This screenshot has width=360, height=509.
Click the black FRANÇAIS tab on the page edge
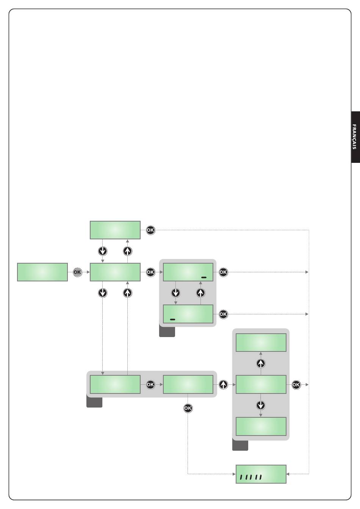pos(355,137)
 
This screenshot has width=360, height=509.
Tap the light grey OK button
pos(77,272)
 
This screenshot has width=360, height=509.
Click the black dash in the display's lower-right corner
pos(204,278)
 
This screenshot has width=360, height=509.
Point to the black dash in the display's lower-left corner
pos(172,320)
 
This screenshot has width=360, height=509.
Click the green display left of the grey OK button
pos(42,272)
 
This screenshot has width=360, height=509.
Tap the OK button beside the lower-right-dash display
pos(223,272)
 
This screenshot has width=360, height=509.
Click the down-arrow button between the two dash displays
pos(175,293)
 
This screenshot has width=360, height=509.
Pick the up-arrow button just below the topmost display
pos(128,251)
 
